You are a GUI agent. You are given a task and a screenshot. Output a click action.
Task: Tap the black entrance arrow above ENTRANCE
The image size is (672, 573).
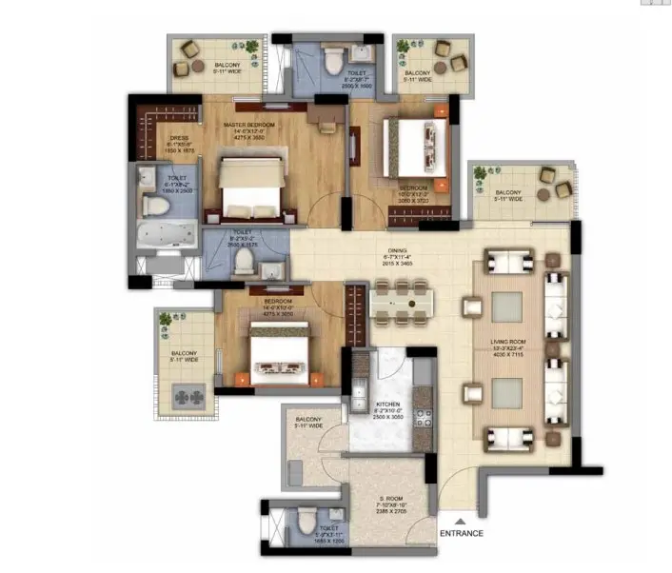coord(461,519)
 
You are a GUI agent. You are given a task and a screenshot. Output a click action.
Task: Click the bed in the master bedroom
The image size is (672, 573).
coord(251,187)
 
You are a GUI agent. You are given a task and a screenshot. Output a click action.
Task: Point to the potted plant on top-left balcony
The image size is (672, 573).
coord(249,47)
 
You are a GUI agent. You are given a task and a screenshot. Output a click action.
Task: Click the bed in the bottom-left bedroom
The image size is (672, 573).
coord(278,355)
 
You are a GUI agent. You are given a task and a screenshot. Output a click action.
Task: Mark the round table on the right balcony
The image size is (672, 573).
coord(543,195)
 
